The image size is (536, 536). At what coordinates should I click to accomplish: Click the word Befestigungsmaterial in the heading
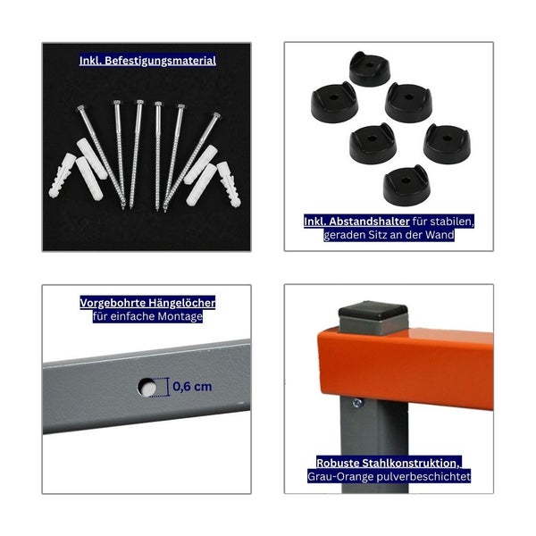click(160, 61)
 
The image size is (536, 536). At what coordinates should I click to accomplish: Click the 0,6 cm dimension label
click(192, 387)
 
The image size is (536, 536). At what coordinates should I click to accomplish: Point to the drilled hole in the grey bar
click(147, 388)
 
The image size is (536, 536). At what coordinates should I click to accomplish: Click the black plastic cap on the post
click(373, 310)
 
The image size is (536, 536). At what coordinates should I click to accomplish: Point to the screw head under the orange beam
click(357, 403)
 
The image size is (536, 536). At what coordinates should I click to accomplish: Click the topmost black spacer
click(370, 70)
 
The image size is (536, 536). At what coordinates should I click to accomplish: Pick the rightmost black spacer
click(447, 144)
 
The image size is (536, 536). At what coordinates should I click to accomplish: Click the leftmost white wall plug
click(62, 176)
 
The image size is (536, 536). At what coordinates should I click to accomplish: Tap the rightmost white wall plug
click(229, 184)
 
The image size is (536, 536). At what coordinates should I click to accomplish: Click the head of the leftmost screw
click(80, 108)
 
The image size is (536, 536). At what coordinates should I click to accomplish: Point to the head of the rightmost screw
click(216, 115)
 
